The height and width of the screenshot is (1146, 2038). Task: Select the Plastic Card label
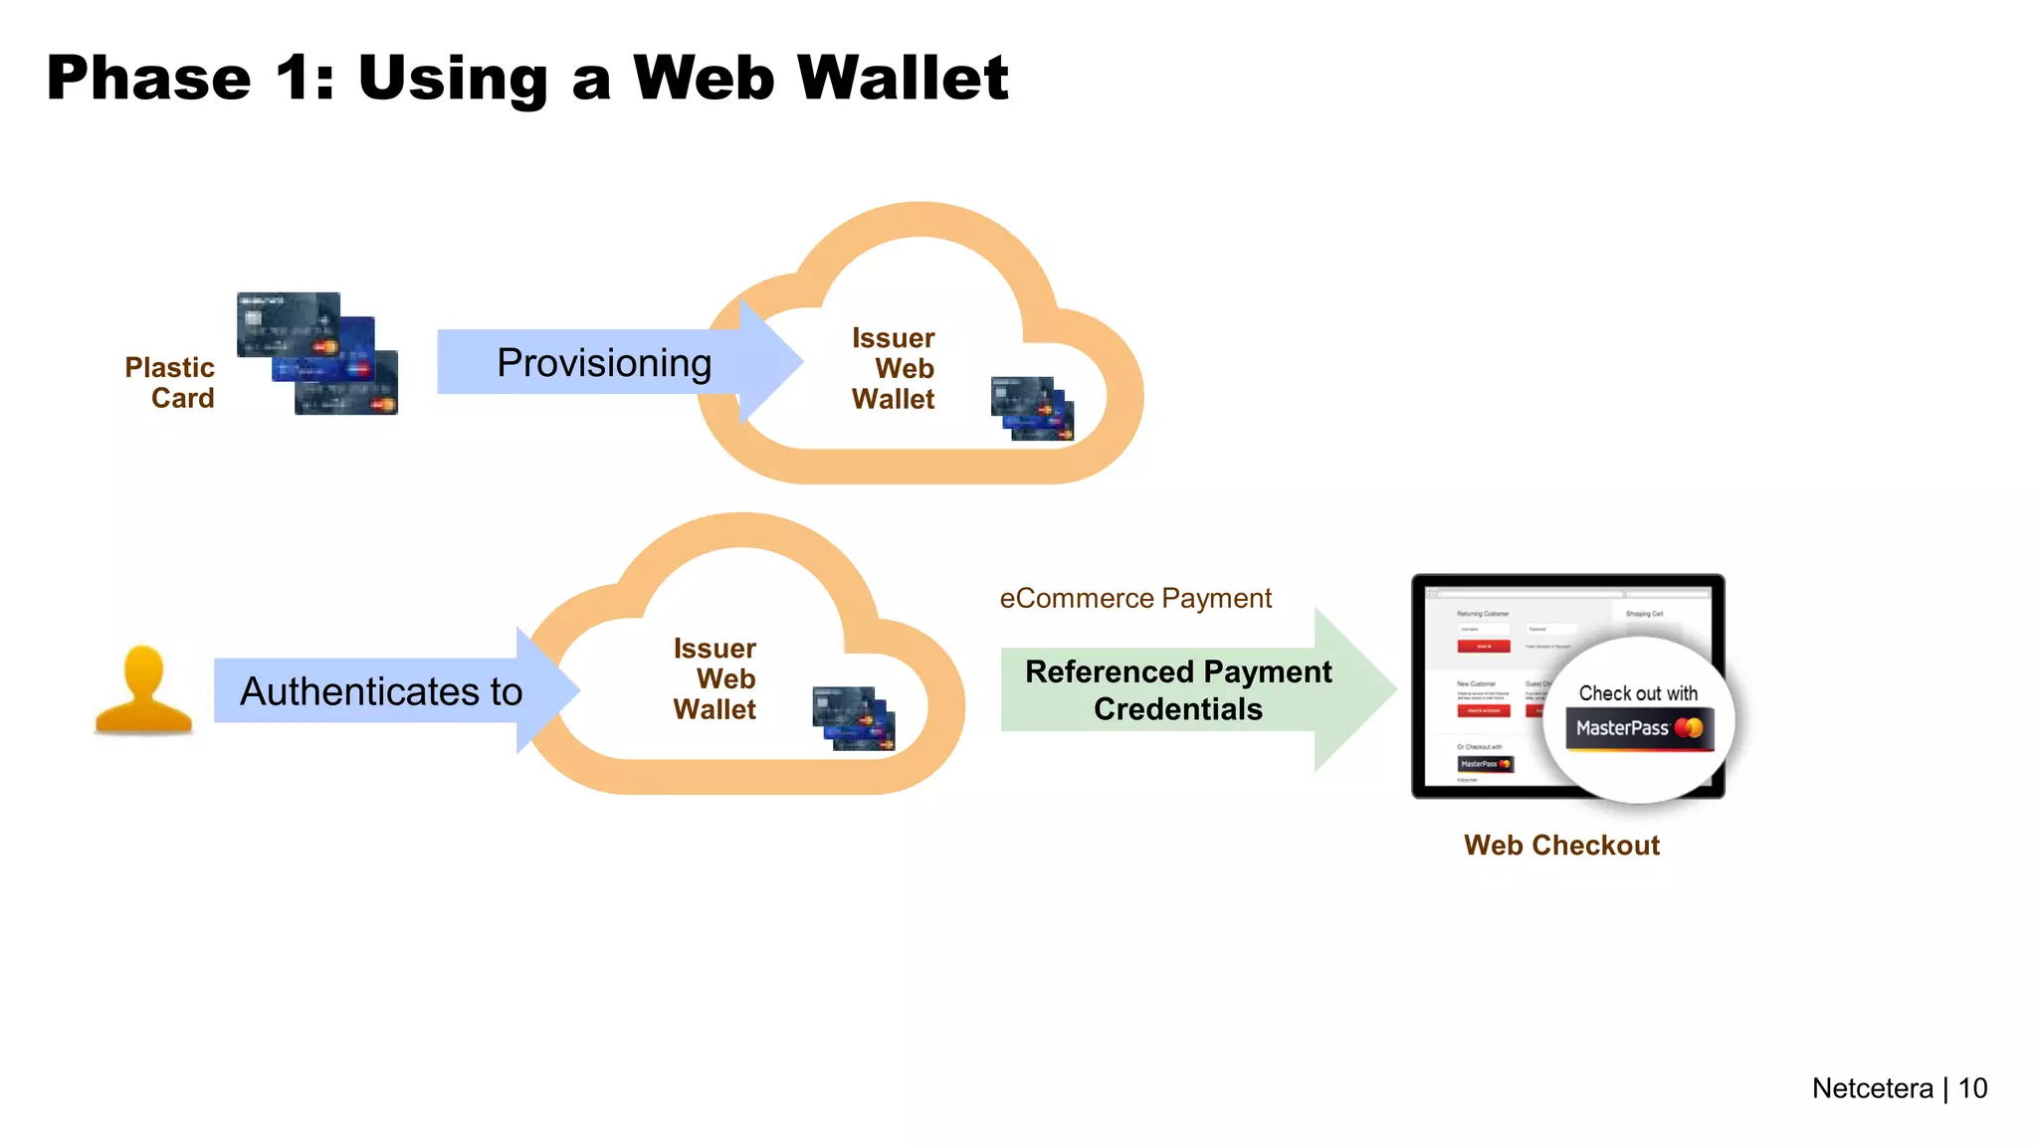coord(170,383)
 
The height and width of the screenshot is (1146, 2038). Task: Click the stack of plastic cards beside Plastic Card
coord(317,353)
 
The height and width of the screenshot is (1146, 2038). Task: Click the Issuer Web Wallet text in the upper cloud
coord(894,369)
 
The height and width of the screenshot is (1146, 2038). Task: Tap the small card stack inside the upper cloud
coord(1033,408)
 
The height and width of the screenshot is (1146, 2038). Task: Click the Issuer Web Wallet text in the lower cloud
coord(715,679)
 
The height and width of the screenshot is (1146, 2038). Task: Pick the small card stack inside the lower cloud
coord(854,718)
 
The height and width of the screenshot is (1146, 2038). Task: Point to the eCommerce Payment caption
coord(1135,598)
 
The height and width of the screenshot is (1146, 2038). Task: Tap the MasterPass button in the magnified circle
coord(1639,729)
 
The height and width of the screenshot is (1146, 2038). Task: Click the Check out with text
coord(1638,693)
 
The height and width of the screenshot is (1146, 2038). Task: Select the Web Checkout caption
coord(1561,846)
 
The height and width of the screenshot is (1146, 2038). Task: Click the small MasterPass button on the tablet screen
coord(1485,764)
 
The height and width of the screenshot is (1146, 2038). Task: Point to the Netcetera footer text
coord(1872,1088)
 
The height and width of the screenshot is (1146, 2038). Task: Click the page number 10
coord(1972,1088)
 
